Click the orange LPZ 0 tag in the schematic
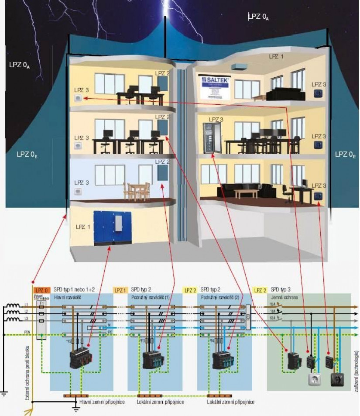[41, 289]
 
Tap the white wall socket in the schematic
[314, 380]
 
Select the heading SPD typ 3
[281, 289]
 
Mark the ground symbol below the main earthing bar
[76, 409]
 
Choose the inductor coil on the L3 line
[13, 320]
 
